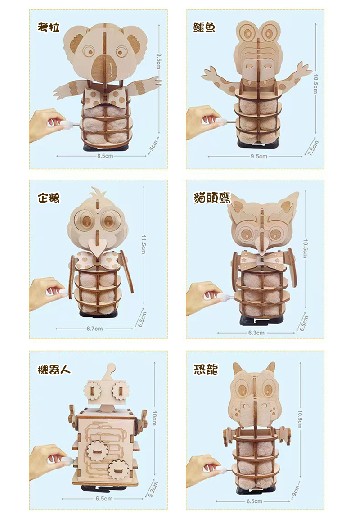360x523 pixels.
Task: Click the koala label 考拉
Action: [49, 27]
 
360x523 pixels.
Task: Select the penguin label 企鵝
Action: [49, 198]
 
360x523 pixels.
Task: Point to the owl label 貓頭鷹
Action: [212, 198]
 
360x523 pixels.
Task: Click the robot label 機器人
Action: [54, 370]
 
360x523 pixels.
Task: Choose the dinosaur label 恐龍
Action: [206, 370]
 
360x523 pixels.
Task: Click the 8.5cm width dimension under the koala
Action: [105, 156]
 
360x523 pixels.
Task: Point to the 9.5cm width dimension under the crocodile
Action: [259, 156]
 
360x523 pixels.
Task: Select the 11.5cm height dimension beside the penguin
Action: [144, 244]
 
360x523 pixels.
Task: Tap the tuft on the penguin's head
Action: [98, 192]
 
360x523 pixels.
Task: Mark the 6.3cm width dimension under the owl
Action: [256, 333]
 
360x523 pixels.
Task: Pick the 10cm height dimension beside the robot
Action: [154, 418]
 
